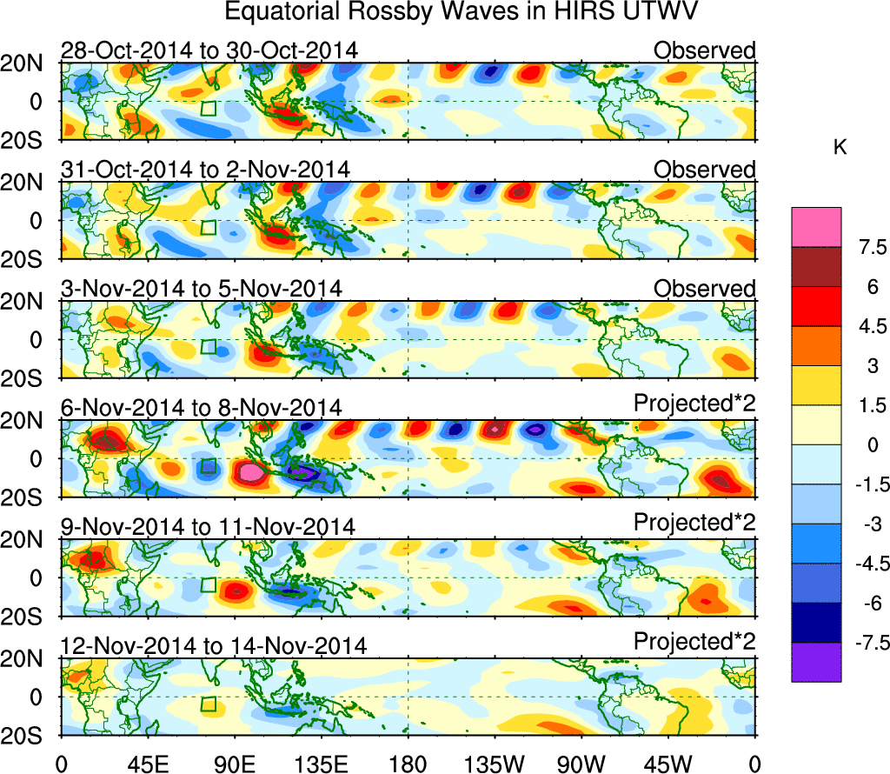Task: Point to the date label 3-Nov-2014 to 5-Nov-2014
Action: point(201,288)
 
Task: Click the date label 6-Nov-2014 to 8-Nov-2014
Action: point(201,407)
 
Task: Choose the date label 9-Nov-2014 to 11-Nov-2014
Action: point(208,526)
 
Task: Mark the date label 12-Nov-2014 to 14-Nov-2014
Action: point(213,645)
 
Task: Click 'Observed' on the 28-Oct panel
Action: point(705,50)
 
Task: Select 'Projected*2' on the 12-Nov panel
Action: point(694,642)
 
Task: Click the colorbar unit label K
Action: point(840,149)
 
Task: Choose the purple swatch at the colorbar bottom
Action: point(815,662)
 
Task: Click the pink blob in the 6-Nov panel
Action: point(250,473)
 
